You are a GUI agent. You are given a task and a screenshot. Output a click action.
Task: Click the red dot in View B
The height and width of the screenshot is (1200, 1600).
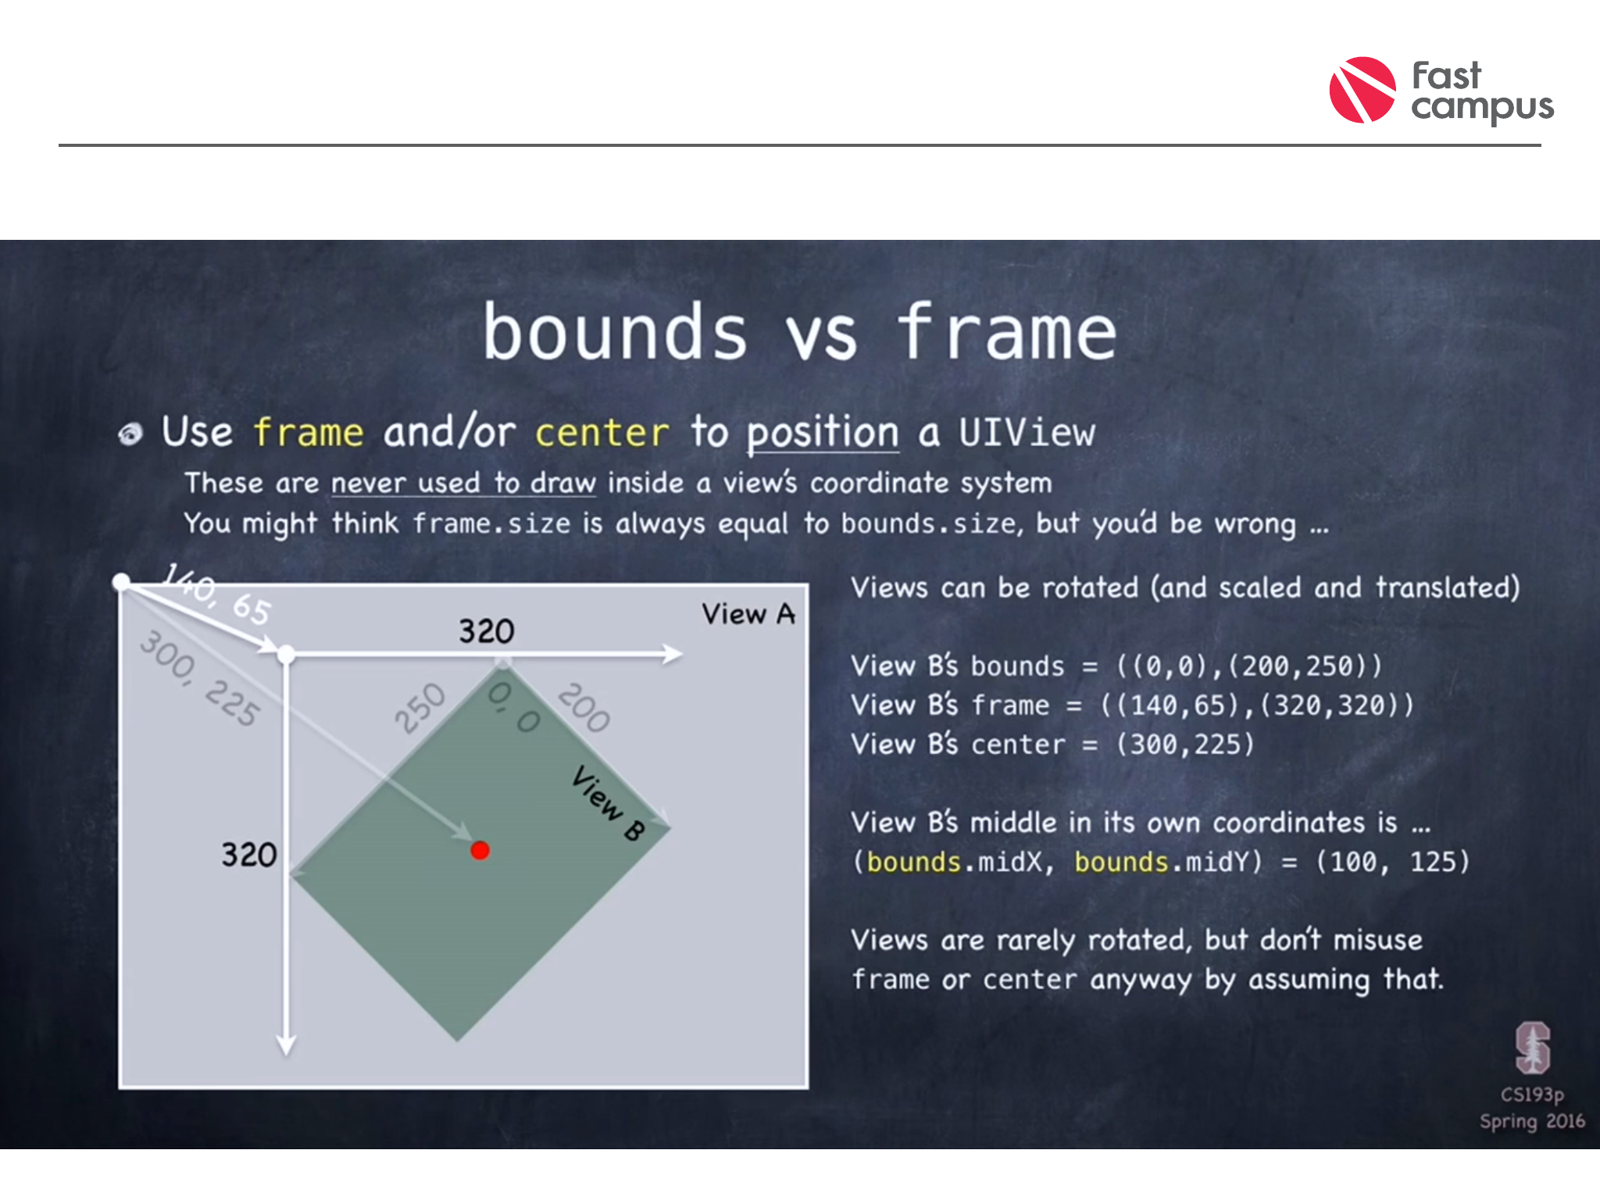(480, 850)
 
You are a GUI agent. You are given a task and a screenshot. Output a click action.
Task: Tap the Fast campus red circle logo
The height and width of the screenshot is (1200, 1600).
(1362, 90)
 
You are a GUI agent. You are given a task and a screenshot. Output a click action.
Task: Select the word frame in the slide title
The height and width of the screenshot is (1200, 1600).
(1007, 332)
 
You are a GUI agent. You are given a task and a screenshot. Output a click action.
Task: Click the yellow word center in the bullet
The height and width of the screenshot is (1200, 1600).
(602, 433)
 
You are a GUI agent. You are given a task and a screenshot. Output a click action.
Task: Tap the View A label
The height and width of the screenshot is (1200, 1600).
(748, 614)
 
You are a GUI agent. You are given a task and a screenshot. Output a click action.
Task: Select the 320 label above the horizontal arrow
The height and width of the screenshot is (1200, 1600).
(486, 631)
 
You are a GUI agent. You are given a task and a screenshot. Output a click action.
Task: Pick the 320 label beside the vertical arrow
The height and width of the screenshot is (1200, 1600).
(248, 855)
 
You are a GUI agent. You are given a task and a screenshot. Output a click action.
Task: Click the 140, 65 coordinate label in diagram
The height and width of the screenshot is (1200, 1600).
(216, 594)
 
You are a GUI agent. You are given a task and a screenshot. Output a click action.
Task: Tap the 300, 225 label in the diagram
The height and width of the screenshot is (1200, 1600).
(198, 677)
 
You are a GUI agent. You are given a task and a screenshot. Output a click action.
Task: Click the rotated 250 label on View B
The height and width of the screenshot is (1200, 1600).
(420, 708)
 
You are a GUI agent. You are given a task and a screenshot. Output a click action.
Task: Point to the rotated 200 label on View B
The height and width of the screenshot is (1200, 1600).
(584, 708)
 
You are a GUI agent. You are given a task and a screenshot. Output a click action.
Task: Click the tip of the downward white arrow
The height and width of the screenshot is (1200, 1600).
(287, 1055)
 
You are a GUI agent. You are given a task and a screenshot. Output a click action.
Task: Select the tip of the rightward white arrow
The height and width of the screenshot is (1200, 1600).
(682, 654)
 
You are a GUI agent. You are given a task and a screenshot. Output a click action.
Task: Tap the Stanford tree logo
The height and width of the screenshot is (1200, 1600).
(1533, 1048)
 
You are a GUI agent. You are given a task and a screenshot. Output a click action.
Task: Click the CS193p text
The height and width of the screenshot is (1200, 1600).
(1532, 1095)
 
